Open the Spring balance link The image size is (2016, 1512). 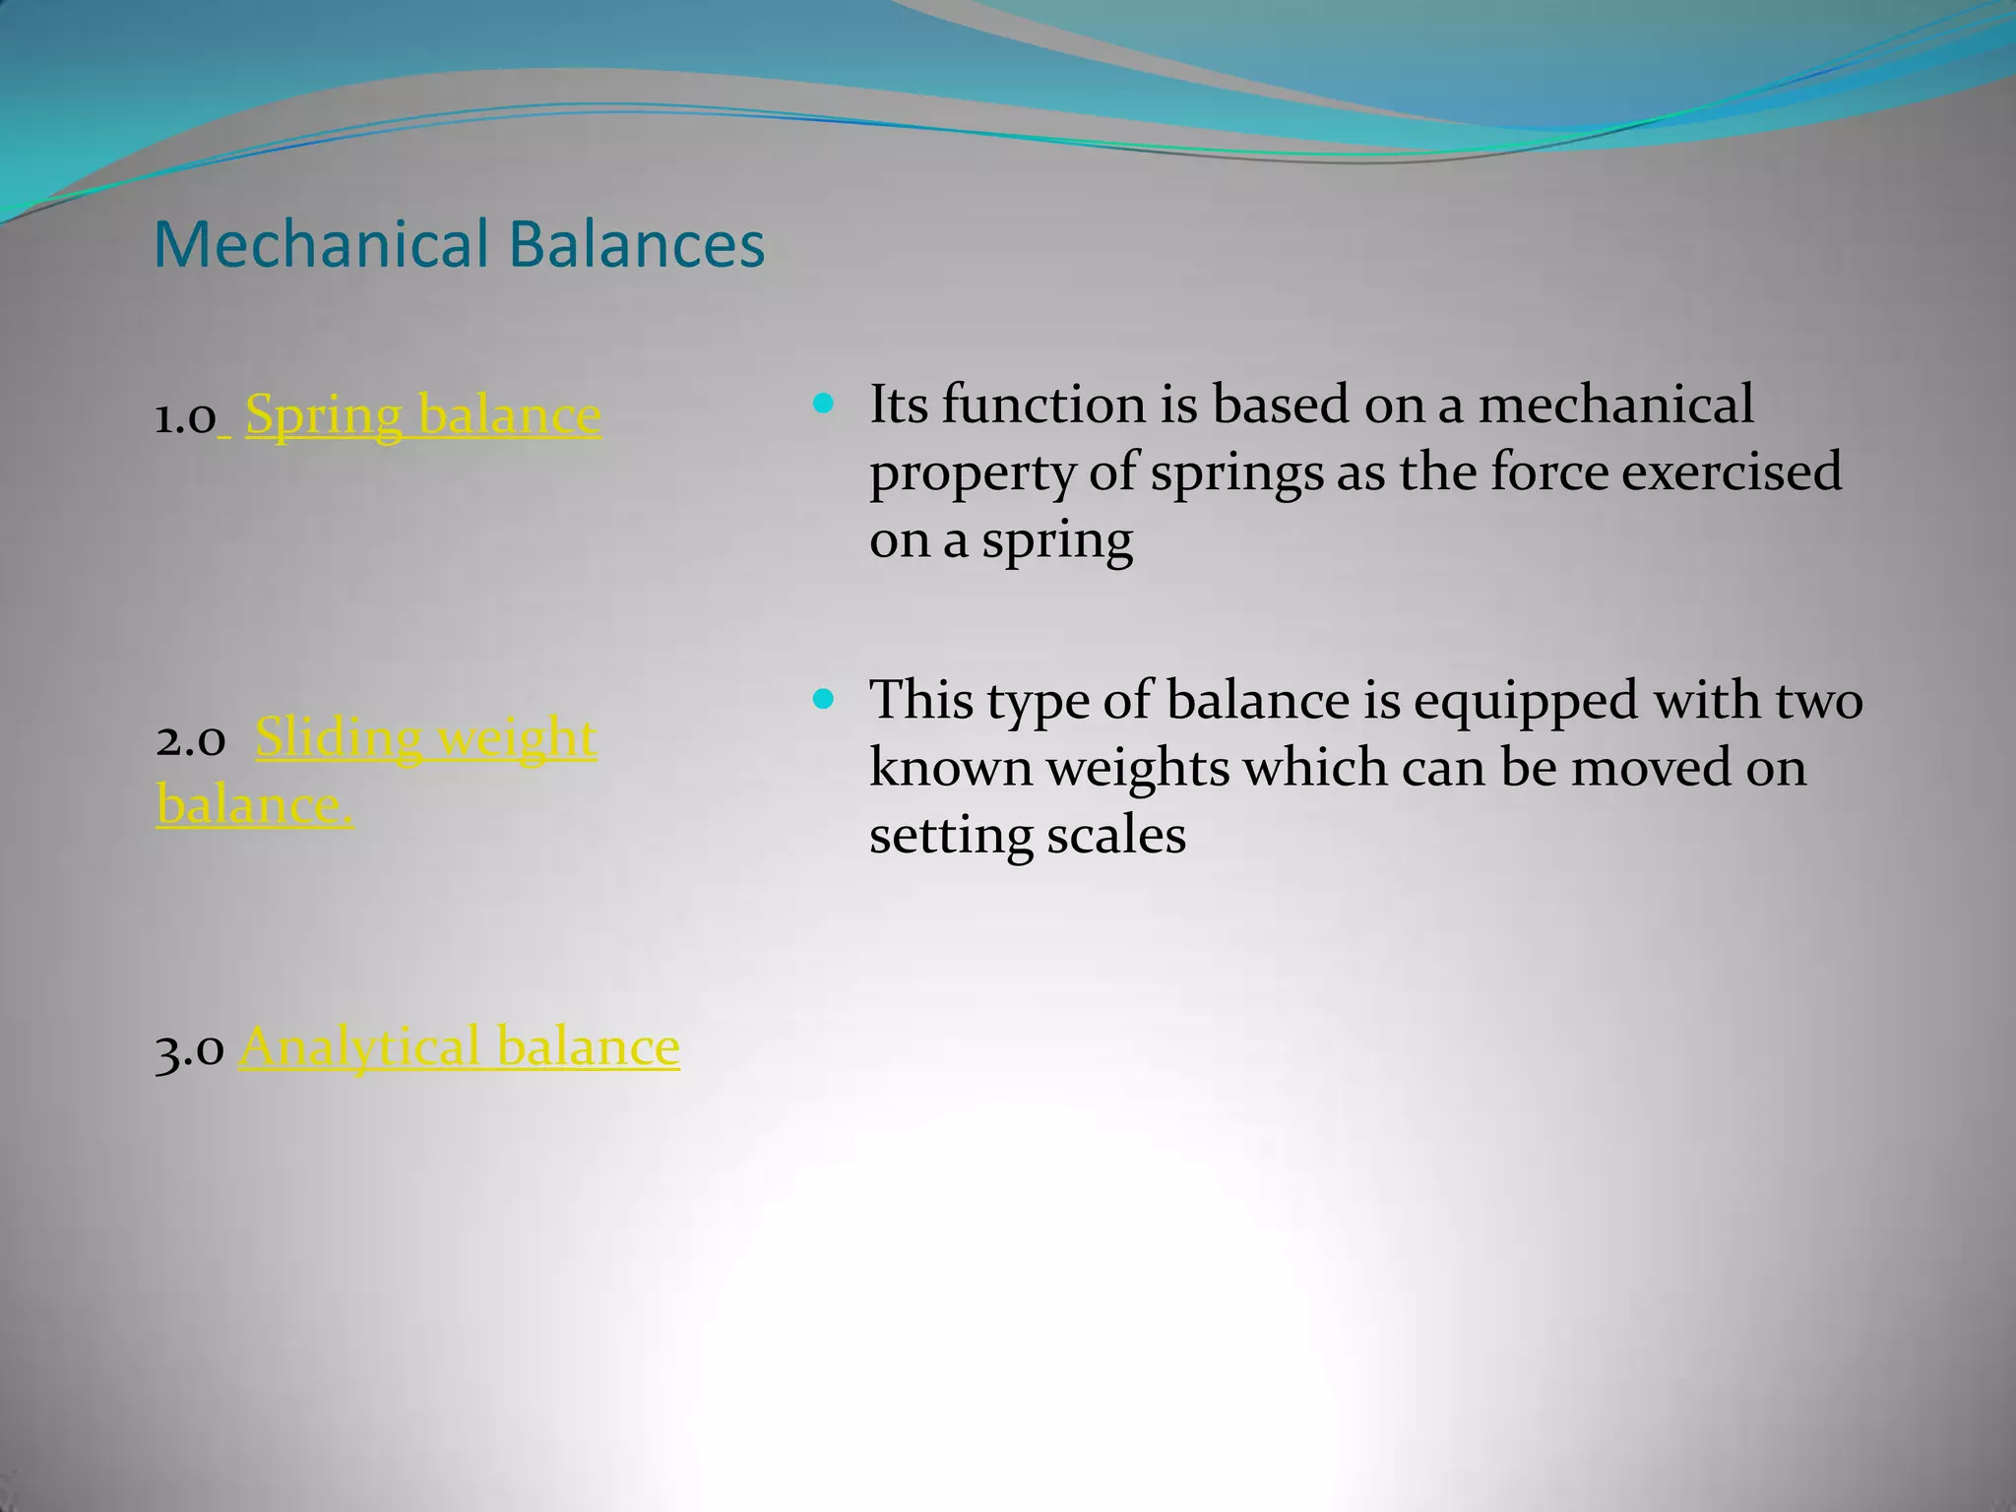pyautogui.click(x=422, y=414)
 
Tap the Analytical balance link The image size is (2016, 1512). pyautogui.click(x=459, y=1045)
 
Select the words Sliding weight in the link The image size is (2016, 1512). pyautogui.click(x=425, y=737)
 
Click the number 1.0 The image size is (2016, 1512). pyautogui.click(x=185, y=417)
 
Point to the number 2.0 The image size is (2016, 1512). pyautogui.click(x=190, y=740)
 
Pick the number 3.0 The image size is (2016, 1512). pyautogui.click(x=190, y=1048)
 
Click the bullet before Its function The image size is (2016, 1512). pyautogui.click(x=824, y=403)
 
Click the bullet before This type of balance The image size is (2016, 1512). pyautogui.click(x=824, y=699)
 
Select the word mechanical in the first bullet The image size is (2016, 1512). pyautogui.click(x=1615, y=405)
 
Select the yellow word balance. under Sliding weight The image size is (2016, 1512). pyautogui.click(x=255, y=805)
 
